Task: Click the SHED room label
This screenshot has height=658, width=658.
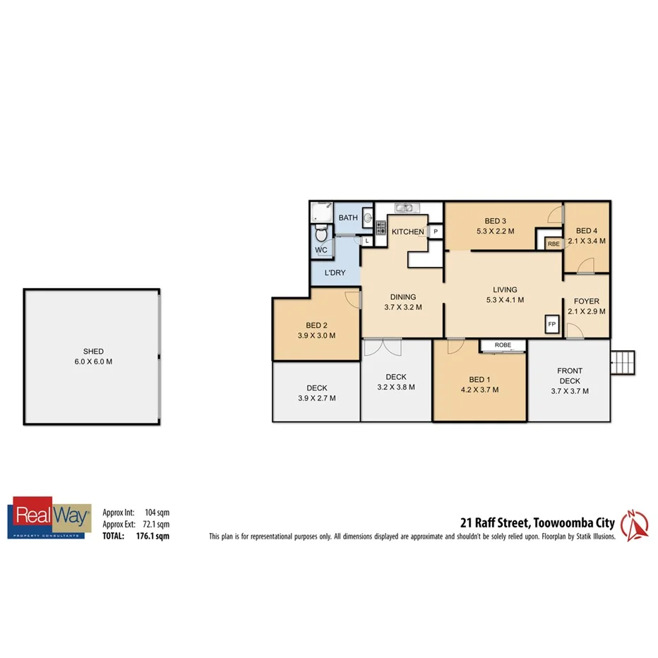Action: [93, 352]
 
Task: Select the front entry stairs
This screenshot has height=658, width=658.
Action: [623, 362]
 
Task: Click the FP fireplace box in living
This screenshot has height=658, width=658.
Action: [552, 323]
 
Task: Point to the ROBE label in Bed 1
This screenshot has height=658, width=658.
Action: [503, 345]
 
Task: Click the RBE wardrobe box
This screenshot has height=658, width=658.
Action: [552, 244]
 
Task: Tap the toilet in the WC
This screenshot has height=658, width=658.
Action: [320, 233]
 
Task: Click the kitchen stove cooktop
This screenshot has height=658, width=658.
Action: [380, 227]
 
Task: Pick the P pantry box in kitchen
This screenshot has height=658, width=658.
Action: [436, 232]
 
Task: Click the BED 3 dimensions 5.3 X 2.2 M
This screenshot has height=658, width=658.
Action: [495, 231]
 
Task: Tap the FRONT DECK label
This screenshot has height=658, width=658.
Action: [570, 371]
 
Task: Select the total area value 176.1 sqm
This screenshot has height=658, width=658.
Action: [153, 536]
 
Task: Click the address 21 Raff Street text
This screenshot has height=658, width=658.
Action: [494, 523]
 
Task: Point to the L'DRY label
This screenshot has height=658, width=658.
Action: [335, 273]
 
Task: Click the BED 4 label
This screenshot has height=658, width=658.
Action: [587, 231]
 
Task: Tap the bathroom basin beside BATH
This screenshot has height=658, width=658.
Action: [367, 220]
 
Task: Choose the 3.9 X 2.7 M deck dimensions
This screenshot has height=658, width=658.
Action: [316, 397]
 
